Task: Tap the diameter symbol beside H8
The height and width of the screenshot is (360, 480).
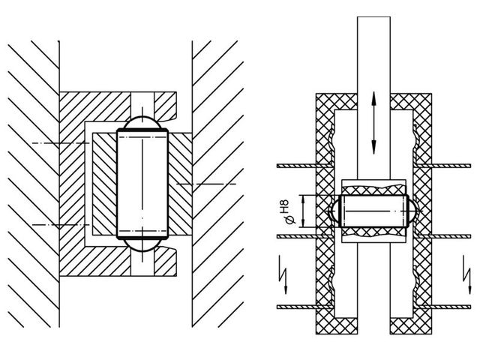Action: (290, 220)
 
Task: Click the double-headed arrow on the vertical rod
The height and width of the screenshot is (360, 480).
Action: (373, 123)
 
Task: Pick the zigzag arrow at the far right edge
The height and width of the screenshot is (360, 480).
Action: (467, 274)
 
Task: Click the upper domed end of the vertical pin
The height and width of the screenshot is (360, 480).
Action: (142, 122)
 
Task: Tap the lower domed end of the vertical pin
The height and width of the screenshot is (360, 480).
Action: (142, 245)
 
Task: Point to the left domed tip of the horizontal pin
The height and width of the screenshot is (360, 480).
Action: (334, 211)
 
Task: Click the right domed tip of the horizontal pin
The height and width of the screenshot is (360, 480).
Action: (412, 211)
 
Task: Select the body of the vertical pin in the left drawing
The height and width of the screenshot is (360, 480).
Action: (142, 184)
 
